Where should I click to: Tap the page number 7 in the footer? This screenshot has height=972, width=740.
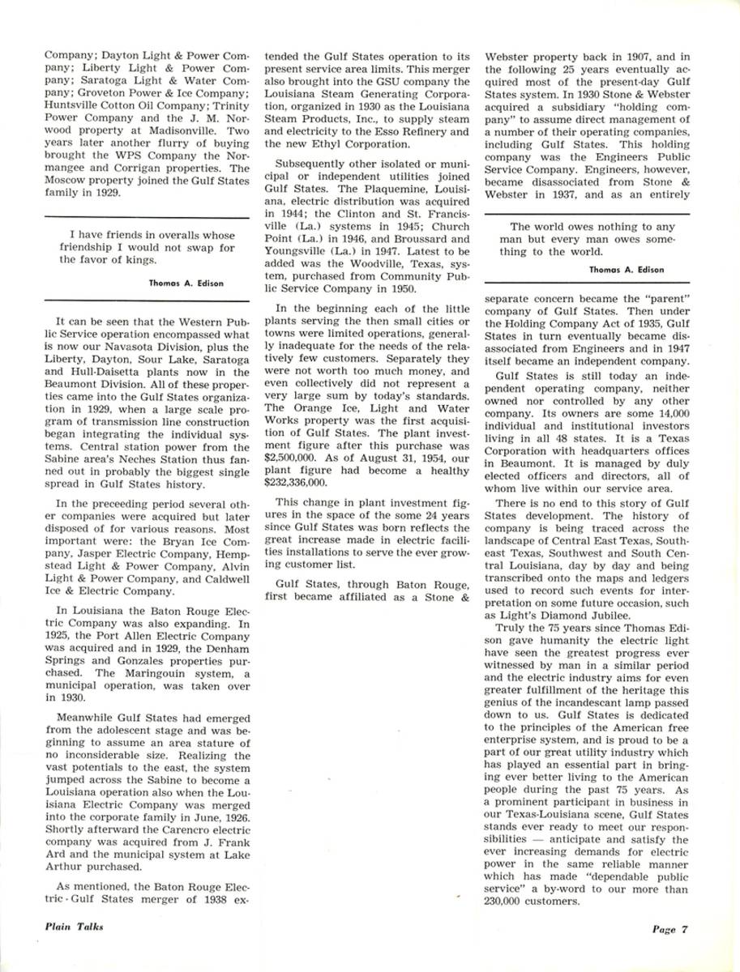[x=684, y=929]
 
